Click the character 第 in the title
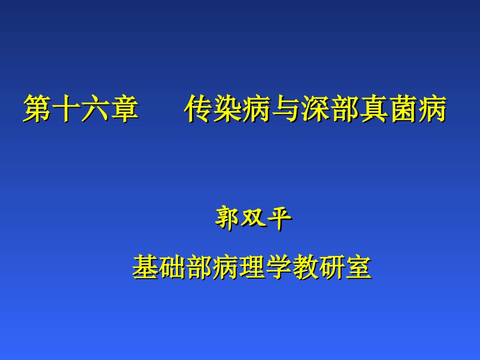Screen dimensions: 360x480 tap(37, 109)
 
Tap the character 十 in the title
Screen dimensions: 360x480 tap(66, 109)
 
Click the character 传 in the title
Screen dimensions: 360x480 tap(198, 109)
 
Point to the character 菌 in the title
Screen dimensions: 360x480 tap(404, 109)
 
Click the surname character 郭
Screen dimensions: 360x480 tap(227, 220)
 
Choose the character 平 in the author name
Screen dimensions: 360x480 tap(279, 220)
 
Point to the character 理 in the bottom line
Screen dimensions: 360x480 tap(252, 267)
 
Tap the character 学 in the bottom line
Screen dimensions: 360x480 tap(279, 267)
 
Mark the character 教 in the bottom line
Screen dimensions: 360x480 tap(306, 267)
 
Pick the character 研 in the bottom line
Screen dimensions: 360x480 tap(332, 267)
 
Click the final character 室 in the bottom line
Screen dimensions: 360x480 tap(359, 267)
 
